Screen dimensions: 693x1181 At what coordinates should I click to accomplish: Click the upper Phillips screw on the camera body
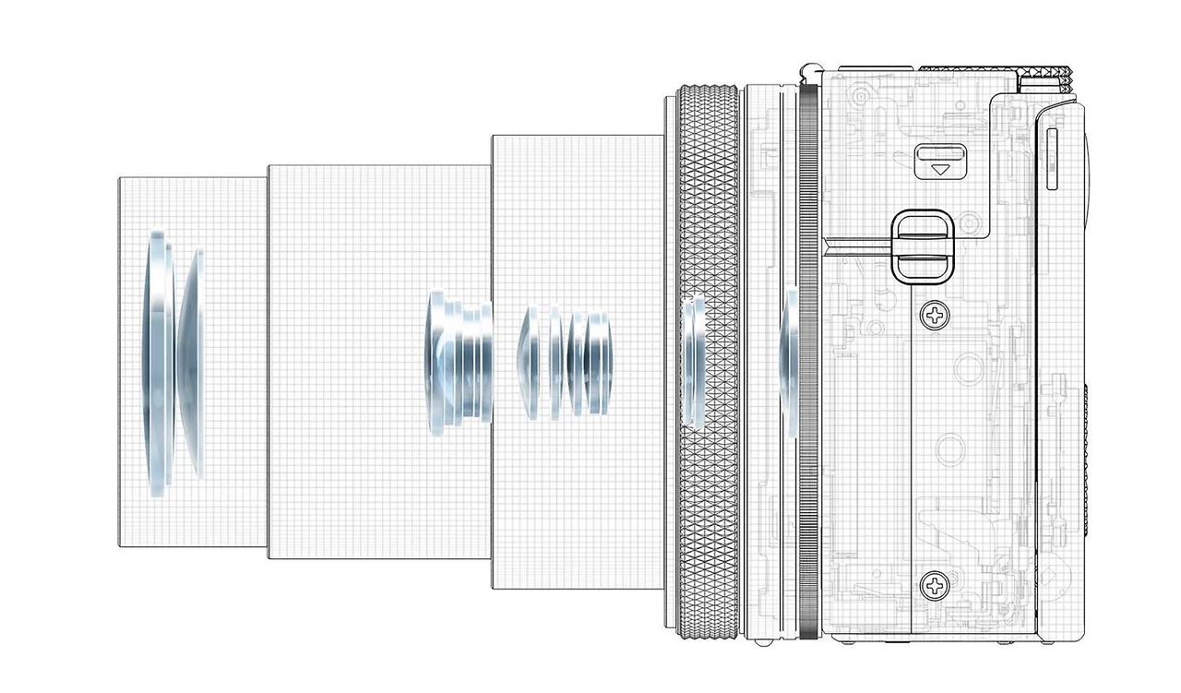click(x=936, y=317)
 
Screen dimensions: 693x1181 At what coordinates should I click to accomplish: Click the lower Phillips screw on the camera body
click(x=934, y=584)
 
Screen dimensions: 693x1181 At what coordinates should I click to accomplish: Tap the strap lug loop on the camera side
click(x=920, y=245)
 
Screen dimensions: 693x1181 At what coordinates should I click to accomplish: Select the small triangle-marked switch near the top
click(x=939, y=161)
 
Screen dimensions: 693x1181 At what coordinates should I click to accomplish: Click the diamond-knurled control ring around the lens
click(x=708, y=360)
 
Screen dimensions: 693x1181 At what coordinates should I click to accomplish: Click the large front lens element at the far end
click(x=157, y=364)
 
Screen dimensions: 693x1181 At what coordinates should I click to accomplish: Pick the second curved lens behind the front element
click(x=191, y=364)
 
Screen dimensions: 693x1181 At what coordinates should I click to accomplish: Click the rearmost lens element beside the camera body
click(x=789, y=360)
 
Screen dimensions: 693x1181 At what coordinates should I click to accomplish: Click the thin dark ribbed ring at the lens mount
click(x=809, y=360)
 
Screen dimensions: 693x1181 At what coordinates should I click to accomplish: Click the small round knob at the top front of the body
click(x=808, y=70)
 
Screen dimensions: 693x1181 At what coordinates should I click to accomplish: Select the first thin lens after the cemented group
click(x=529, y=362)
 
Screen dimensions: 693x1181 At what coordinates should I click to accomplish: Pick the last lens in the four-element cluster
click(x=601, y=363)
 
